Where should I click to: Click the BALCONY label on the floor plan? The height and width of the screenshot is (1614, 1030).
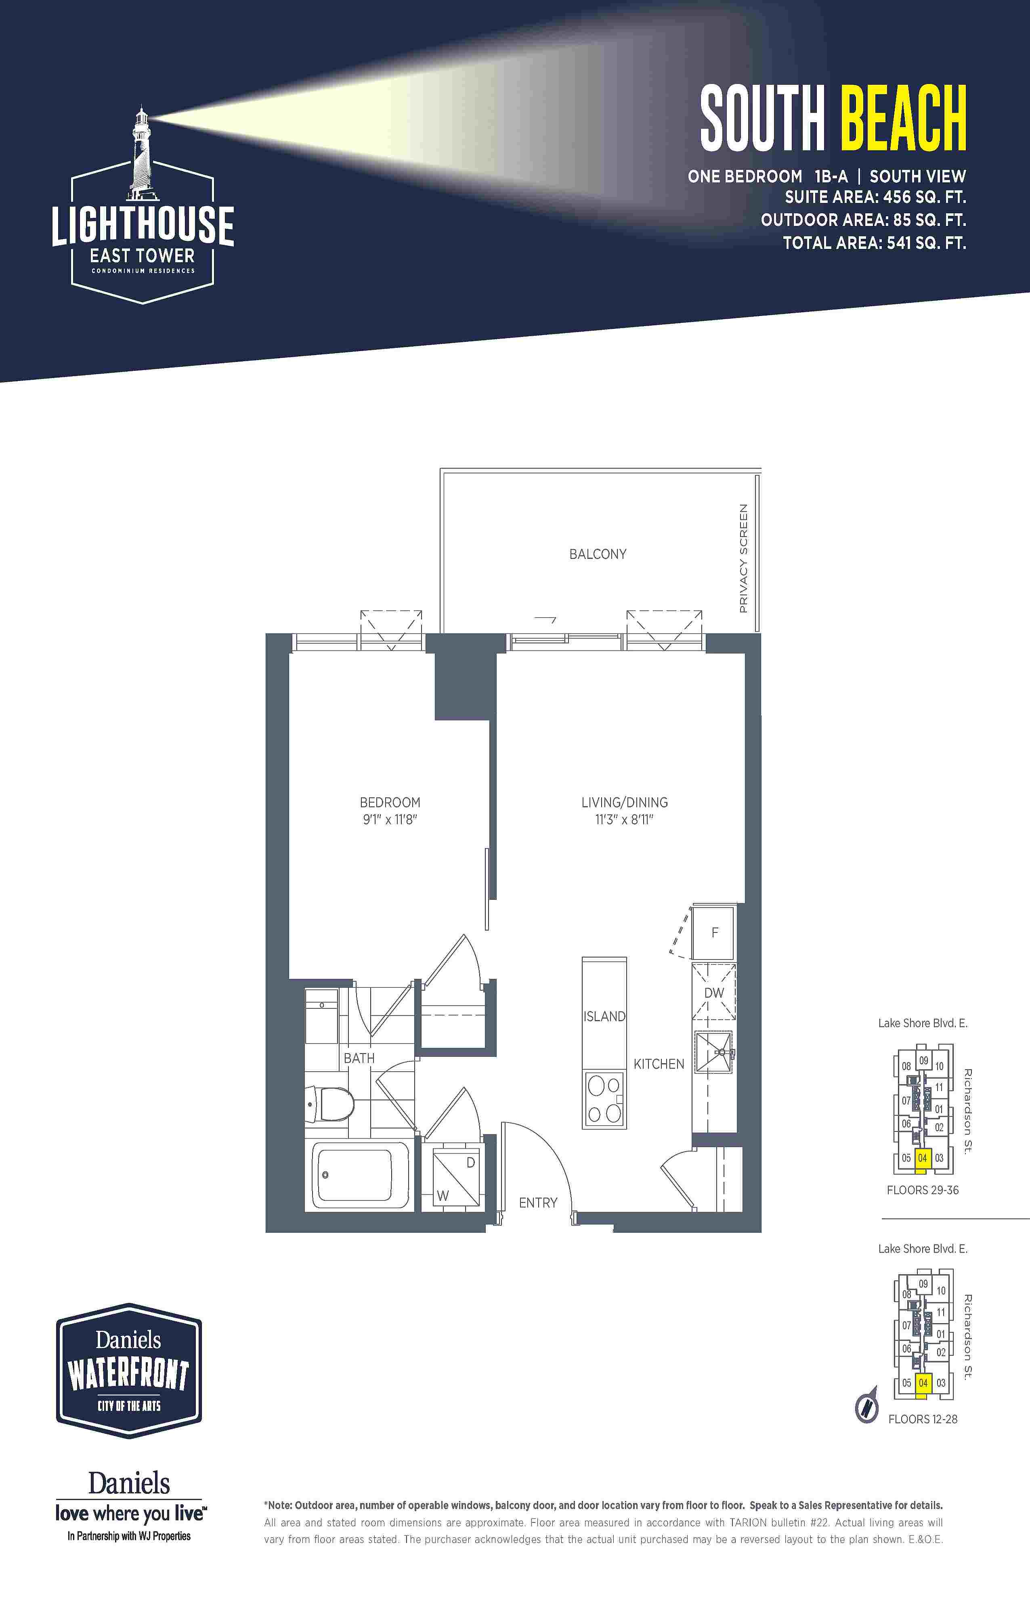pos(598,554)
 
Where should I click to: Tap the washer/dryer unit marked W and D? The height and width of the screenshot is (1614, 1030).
pos(456,1178)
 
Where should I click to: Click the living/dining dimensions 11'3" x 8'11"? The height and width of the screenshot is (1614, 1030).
pos(624,819)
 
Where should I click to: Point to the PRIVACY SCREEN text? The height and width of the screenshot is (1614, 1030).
pos(743,558)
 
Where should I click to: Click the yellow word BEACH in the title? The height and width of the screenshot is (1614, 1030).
pos(902,119)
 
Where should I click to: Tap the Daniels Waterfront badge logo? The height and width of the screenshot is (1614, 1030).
pos(129,1371)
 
